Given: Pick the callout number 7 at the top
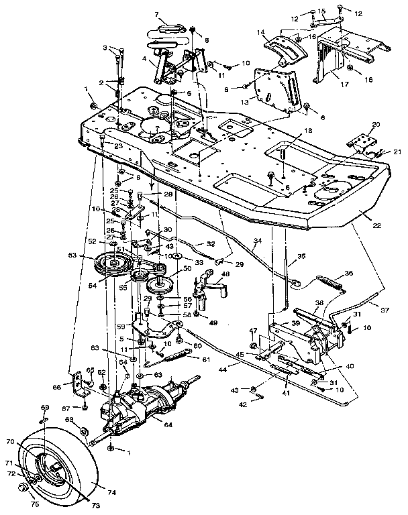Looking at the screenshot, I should [x=156, y=14].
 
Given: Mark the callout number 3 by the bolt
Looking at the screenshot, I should [x=105, y=48].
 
